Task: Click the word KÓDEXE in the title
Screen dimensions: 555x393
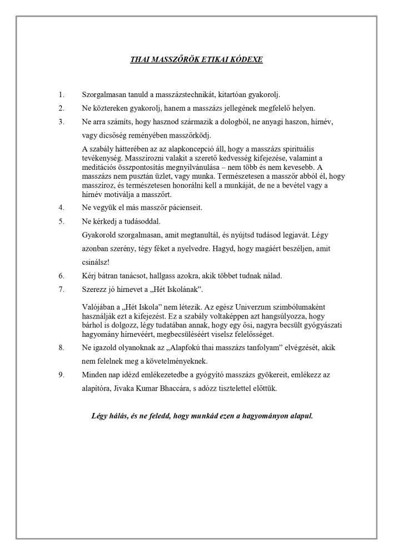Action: click(x=246, y=58)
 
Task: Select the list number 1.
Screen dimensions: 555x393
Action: click(x=62, y=95)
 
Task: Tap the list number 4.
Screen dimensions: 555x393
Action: click(x=62, y=208)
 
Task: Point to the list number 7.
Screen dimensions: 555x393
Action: click(x=62, y=289)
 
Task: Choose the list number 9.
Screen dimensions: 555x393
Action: click(x=62, y=375)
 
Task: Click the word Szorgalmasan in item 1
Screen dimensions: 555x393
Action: click(x=104, y=95)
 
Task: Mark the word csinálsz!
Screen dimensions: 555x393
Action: click(x=96, y=262)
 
